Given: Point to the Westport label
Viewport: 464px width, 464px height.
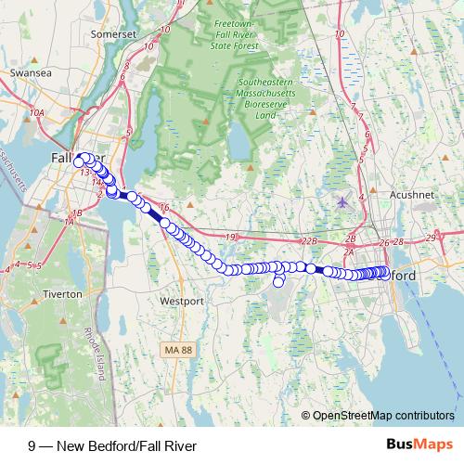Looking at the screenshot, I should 182,302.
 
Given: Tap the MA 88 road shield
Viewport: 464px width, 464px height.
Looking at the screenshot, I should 176,350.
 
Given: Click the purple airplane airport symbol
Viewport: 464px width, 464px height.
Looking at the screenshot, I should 343,201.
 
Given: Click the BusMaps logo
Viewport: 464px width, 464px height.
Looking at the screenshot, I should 419,445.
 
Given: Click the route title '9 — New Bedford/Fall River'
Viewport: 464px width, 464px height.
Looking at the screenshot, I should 112,445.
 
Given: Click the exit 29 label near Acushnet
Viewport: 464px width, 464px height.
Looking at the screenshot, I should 430,239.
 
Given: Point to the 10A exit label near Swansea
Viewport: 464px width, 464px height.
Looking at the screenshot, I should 36,112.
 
